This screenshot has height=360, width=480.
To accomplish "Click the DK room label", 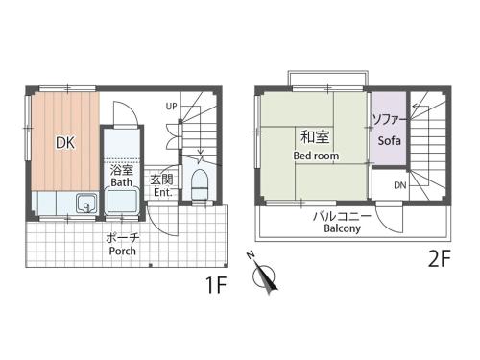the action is (65, 143).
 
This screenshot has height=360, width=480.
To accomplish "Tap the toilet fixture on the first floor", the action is (200, 185).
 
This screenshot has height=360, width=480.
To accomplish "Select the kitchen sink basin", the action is (86, 204).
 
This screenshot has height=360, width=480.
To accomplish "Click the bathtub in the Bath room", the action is (122, 202).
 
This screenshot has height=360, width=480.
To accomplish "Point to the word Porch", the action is (123, 251).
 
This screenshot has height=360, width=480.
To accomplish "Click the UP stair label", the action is (171, 107).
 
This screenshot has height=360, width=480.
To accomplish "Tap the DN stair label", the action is (400, 185).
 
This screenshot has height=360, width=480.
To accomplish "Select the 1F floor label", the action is (216, 285).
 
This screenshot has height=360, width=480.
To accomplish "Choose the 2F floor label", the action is (440, 258).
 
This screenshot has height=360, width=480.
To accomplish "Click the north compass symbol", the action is (264, 276).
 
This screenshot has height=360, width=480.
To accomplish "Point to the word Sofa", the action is (390, 141).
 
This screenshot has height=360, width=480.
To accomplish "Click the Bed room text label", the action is (316, 156).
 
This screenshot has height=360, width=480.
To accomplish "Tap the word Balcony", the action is (342, 228).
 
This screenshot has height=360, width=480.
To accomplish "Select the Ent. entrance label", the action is (162, 192).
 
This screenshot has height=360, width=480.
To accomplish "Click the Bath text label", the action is (122, 182).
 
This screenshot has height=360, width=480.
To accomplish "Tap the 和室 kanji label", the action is (315, 136).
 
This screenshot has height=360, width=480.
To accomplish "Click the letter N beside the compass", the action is (251, 254).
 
